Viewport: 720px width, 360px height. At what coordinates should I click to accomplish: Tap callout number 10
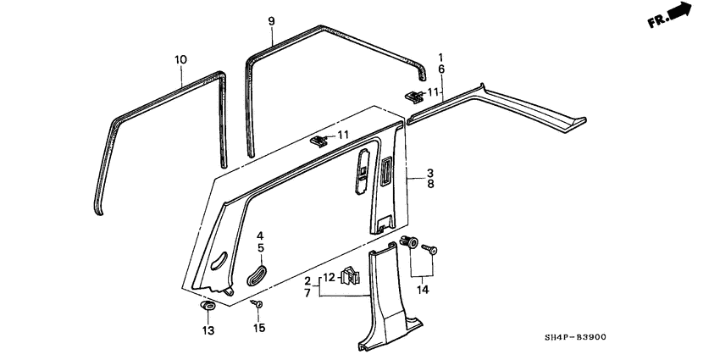click(x=180, y=59)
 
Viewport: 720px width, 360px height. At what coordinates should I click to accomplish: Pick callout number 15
click(x=259, y=328)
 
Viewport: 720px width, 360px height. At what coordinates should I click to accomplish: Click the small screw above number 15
click(x=259, y=303)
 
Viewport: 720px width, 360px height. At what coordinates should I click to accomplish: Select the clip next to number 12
click(x=347, y=275)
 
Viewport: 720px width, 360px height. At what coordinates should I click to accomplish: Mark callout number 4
click(x=261, y=235)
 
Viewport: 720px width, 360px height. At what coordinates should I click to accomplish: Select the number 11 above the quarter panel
click(x=343, y=135)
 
